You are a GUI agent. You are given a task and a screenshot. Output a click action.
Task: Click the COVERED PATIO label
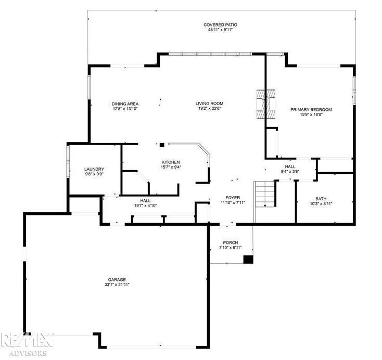(220, 24)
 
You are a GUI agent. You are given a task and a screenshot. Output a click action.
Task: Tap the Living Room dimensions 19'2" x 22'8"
(210, 108)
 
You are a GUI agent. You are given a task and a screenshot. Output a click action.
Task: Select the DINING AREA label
(125, 104)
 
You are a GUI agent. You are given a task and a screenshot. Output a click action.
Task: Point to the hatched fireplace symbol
(265, 104)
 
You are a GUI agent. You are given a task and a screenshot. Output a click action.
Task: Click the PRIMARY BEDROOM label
(311, 110)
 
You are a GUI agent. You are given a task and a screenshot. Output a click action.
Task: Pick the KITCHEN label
(171, 162)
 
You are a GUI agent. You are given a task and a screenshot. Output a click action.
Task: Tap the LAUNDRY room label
(94, 169)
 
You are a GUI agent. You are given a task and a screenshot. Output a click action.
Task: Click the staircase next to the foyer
(265, 194)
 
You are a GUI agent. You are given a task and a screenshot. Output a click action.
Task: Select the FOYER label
(233, 198)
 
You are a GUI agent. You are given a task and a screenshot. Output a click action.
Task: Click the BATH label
(321, 199)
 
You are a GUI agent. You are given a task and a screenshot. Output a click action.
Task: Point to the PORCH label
(231, 242)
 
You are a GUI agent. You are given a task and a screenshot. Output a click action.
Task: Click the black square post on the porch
(248, 260)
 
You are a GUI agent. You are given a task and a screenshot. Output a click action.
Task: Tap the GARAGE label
(117, 279)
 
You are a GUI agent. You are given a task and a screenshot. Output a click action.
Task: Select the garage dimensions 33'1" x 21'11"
(117, 285)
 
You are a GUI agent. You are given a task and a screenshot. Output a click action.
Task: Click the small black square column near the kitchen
(162, 145)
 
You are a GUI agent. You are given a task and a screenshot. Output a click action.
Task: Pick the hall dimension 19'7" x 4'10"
(145, 205)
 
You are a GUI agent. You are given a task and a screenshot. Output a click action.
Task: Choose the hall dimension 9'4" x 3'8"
(290, 171)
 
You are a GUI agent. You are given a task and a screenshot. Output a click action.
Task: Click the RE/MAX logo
(27, 340)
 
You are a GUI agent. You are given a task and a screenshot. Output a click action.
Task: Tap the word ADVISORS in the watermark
(28, 353)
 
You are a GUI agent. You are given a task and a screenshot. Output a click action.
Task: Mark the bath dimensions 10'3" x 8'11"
(321, 204)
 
